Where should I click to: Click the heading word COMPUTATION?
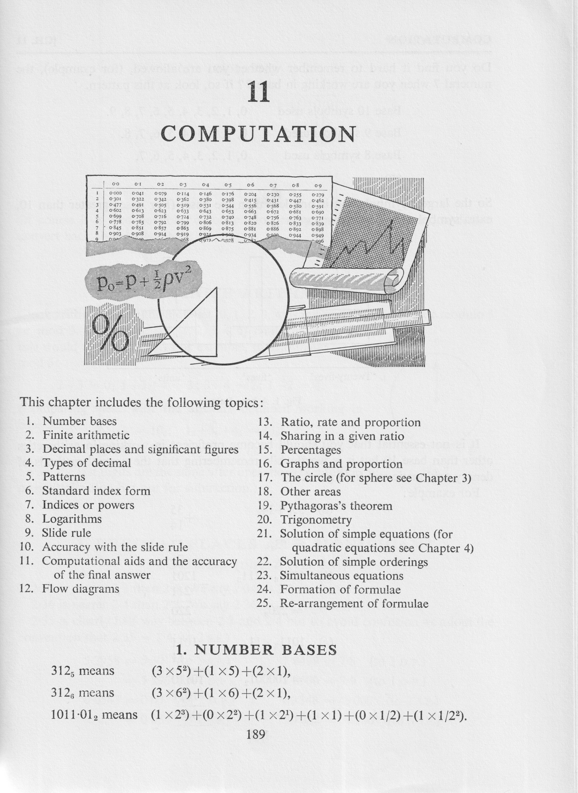coord(258,134)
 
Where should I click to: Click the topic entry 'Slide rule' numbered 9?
coord(67,533)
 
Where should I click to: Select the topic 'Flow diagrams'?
coord(81,589)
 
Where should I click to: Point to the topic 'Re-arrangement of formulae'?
coord(354,604)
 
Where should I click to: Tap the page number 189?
coord(256,734)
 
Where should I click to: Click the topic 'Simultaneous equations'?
coord(342,576)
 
